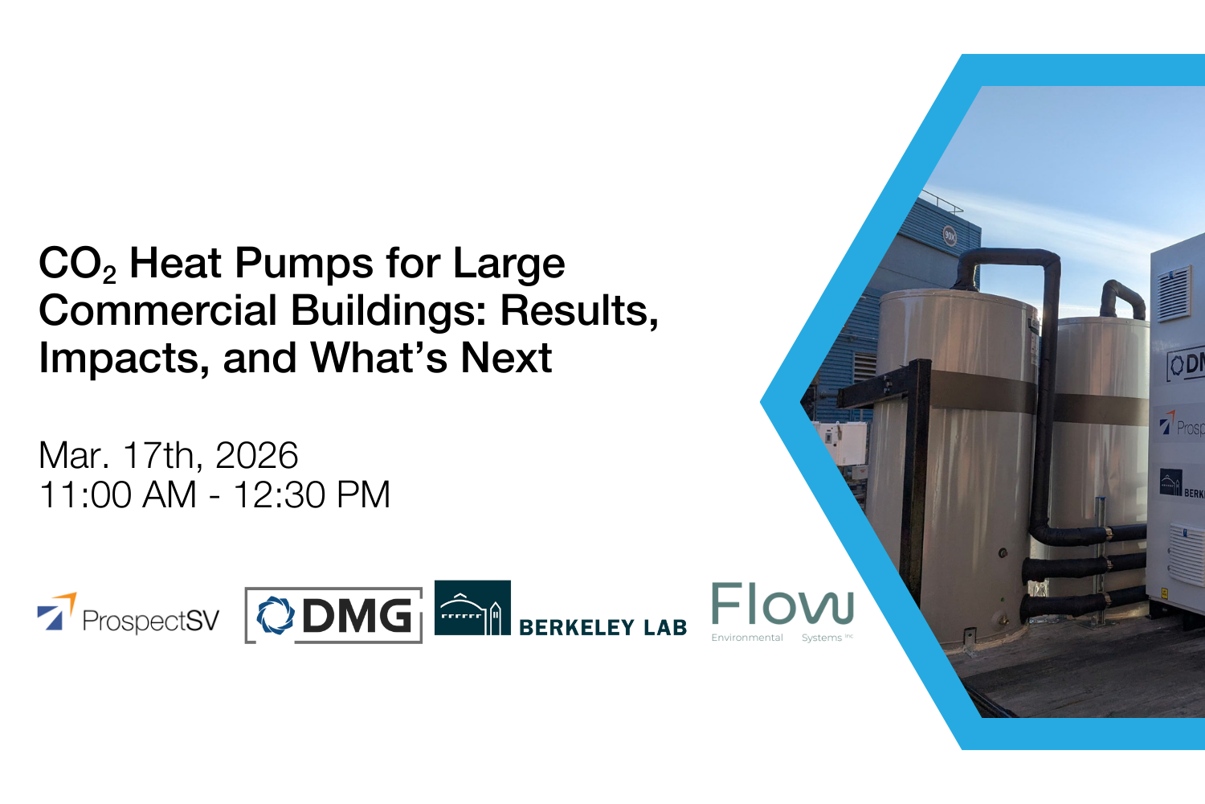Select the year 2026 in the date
click(257, 456)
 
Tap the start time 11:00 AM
click(117, 495)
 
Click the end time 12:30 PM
click(312, 495)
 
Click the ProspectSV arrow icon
click(56, 613)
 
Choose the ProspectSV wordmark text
click(151, 621)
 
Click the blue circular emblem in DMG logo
click(276, 616)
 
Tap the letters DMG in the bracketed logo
click(357, 617)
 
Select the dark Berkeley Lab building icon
click(472, 609)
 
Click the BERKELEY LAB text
click(602, 628)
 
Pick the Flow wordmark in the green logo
click(782, 605)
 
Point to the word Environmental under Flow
click(747, 638)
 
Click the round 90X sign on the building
click(950, 236)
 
